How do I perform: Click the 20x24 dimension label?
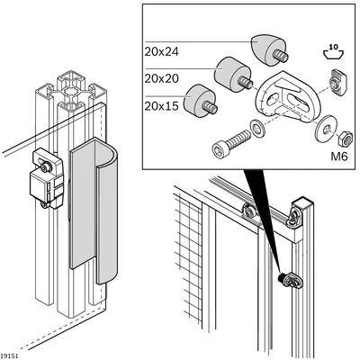click(161, 52)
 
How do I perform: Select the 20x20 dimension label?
click(161, 78)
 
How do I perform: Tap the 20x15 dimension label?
click(161, 106)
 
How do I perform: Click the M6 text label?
click(339, 157)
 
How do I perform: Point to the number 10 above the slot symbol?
click(333, 47)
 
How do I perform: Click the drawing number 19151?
click(9, 355)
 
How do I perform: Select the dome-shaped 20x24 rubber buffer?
click(268, 49)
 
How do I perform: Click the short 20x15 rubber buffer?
click(201, 101)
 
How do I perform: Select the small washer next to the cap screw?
click(256, 128)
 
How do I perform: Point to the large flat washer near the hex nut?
click(325, 130)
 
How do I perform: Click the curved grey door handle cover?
click(94, 210)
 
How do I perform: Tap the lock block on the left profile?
click(47, 178)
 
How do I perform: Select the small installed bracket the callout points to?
click(292, 280)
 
